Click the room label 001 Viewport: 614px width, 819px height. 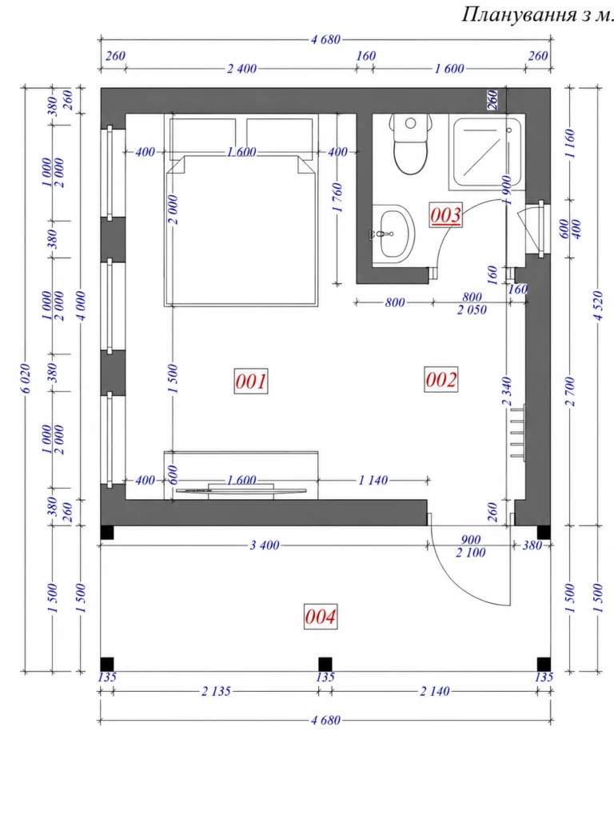[251, 381]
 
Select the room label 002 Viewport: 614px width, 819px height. [441, 379]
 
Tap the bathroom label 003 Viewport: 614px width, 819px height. [446, 214]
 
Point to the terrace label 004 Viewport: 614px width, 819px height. [321, 617]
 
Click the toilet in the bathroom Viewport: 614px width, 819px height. [410, 144]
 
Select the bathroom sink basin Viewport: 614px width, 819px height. [393, 234]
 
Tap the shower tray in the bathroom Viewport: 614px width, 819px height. [486, 153]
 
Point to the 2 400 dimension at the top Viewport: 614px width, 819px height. [241, 69]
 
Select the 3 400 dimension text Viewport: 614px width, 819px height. [265, 545]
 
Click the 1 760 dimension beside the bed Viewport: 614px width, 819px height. [338, 198]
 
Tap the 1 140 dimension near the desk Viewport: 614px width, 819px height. [373, 480]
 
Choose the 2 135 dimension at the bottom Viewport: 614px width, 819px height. [216, 691]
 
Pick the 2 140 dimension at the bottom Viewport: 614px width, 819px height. [435, 691]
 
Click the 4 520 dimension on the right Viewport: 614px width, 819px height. [599, 306]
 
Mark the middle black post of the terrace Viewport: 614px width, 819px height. [325, 664]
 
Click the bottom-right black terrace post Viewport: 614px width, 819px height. [544, 664]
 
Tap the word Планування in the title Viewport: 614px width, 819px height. [519, 14]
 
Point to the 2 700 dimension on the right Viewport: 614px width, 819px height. [570, 391]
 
